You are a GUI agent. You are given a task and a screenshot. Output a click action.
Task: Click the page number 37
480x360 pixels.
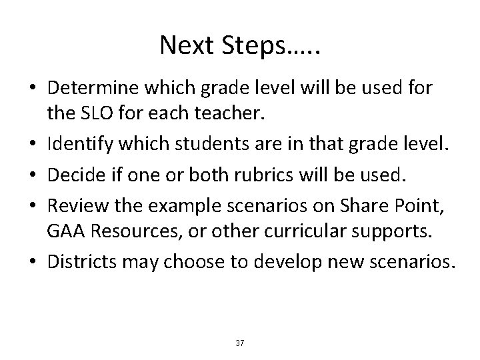coord(240,343)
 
